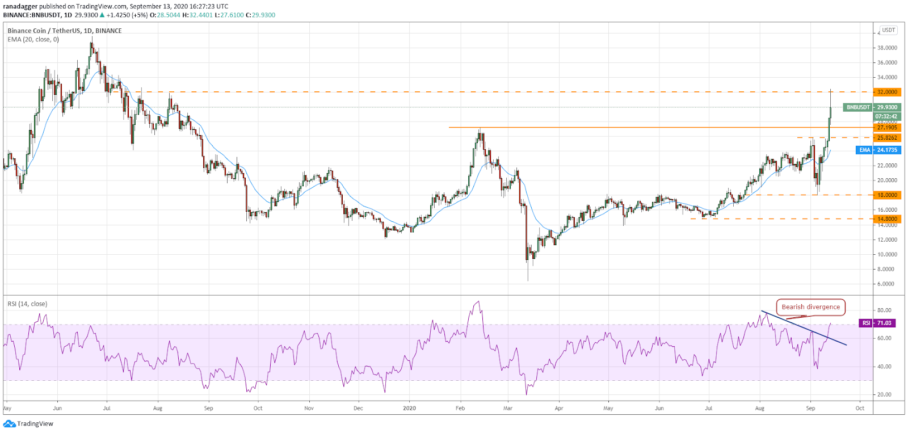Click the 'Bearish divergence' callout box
click(x=810, y=307)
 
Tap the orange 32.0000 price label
click(x=887, y=92)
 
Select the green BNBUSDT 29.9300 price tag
click(x=872, y=107)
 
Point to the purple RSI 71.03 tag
click(x=877, y=323)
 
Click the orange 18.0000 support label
click(x=887, y=195)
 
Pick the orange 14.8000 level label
click(x=887, y=218)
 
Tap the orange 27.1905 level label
click(x=887, y=128)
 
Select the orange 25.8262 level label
click(x=887, y=138)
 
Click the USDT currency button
click(x=888, y=30)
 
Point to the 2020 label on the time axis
click(x=409, y=408)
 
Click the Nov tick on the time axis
click(x=309, y=408)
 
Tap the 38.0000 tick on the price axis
click(x=887, y=48)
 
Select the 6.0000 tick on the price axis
click(x=885, y=284)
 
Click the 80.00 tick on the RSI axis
click(x=884, y=310)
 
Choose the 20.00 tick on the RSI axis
click(x=884, y=394)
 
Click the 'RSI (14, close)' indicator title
click(x=27, y=304)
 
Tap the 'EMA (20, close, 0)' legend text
click(x=33, y=40)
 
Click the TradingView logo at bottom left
click(x=29, y=423)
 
